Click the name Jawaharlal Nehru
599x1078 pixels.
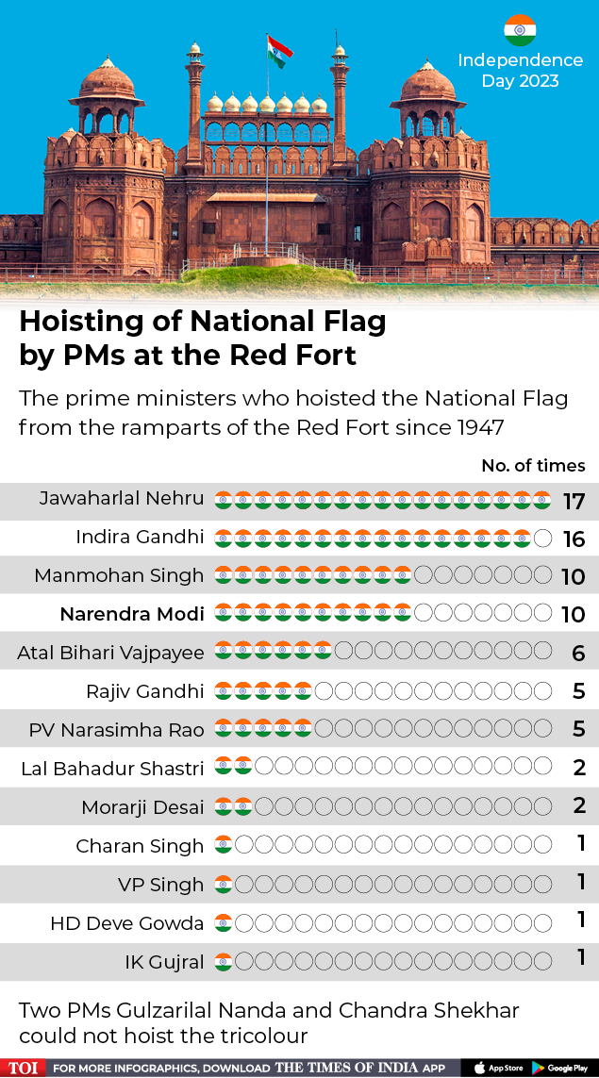pos(122,498)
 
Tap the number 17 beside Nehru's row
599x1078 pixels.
pos(574,502)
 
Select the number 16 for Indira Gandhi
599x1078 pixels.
pos(574,539)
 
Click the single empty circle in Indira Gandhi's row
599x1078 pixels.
pos(542,539)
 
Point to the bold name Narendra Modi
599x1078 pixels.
pos(132,613)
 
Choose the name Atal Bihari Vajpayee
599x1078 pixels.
pos(110,653)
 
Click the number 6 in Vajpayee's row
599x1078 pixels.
pos(578,653)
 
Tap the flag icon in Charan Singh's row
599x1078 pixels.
pos(224,844)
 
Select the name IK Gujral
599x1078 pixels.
pos(164,961)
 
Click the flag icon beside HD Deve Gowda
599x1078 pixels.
pos(224,922)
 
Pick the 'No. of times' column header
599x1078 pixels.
pos(533,466)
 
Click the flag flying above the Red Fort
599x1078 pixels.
pos(280,51)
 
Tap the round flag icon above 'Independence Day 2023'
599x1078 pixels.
pos(520,30)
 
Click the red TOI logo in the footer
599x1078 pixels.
pos(23,1069)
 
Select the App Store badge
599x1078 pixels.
pos(501,1069)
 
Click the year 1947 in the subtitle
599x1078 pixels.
pos(480,427)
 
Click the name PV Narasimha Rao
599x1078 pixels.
pos(116,729)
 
